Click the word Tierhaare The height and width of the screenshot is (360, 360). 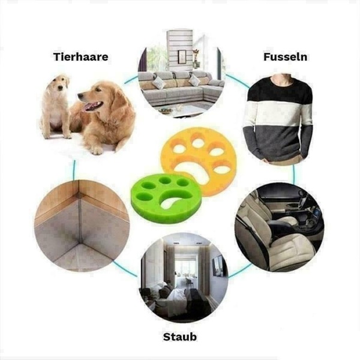80,57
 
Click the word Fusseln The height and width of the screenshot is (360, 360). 285,57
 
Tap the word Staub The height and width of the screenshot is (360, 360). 180,337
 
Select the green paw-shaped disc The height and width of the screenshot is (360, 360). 167,198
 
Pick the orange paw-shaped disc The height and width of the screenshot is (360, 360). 199,161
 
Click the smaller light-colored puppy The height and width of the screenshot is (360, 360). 56,106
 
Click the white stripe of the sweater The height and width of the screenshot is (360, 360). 279,114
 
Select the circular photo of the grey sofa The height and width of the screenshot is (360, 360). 181,76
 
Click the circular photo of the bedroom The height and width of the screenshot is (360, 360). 184,278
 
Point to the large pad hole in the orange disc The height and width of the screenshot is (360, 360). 195,169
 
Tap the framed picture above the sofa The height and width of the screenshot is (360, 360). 182,56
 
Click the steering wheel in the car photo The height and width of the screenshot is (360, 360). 301,202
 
